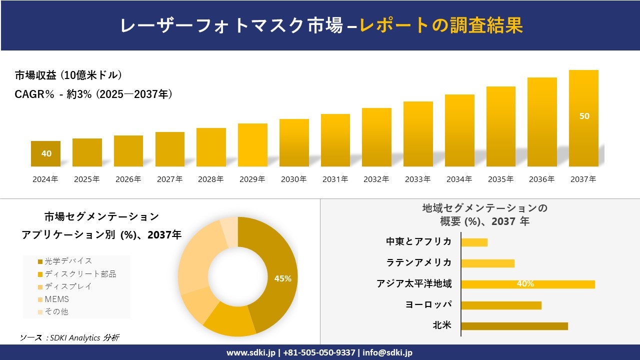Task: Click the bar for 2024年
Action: [45, 153]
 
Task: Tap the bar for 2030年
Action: [294, 142]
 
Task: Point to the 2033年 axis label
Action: [417, 179]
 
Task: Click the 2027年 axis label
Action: [169, 179]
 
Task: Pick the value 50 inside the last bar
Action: [584, 116]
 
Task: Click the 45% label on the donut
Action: [282, 278]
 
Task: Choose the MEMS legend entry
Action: [56, 299]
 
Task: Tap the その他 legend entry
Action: [56, 311]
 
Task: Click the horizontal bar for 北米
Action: [514, 326]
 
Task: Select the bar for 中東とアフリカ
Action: [474, 242]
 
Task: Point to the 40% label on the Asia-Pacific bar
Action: [525, 284]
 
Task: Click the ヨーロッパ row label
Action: [428, 305]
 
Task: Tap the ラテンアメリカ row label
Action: [419, 263]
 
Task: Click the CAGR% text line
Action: [93, 94]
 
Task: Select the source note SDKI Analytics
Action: [70, 337]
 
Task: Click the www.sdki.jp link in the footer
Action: [251, 352]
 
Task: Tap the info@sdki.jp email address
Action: [388, 352]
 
